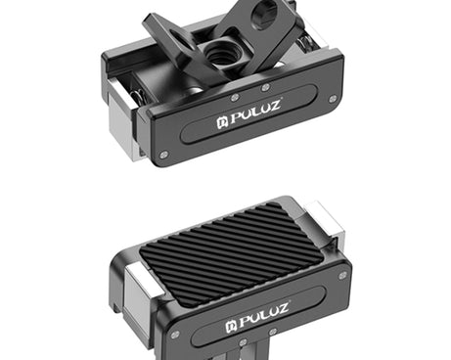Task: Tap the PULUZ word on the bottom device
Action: pos(259,320)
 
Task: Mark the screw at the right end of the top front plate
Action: pos(334,99)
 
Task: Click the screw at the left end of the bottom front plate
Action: pos(173,334)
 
